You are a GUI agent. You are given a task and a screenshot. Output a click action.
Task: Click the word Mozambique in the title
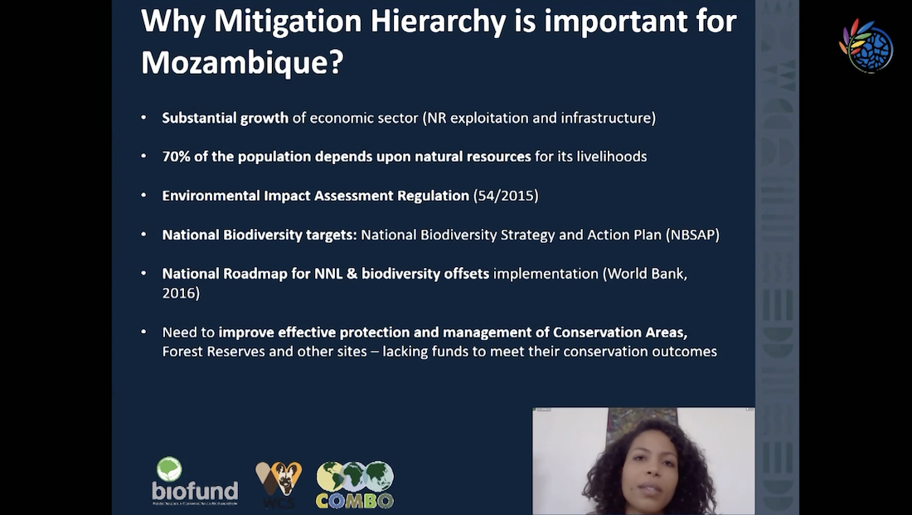coord(235,61)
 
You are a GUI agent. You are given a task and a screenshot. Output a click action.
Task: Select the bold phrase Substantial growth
coord(225,118)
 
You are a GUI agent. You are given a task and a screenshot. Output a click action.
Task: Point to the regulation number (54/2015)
coord(506,196)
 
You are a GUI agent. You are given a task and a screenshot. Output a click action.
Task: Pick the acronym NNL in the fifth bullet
coord(328,274)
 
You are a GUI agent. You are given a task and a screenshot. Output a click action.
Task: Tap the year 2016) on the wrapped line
coord(181,293)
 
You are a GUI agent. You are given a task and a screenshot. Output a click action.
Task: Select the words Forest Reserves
coord(213,352)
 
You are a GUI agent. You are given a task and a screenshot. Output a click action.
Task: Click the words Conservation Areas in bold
coord(619,333)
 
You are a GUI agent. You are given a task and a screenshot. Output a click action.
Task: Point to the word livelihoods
coord(611,157)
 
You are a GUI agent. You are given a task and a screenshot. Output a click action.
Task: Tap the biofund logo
coord(195,481)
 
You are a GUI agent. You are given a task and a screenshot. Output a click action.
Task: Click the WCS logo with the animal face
coord(279,484)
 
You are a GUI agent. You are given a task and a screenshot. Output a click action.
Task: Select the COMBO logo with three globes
coord(355,484)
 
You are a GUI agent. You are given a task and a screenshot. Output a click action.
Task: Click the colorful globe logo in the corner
coord(866,46)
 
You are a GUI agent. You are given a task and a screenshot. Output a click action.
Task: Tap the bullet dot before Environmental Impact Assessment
coord(143,196)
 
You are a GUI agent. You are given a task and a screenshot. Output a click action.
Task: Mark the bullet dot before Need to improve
coord(143,333)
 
